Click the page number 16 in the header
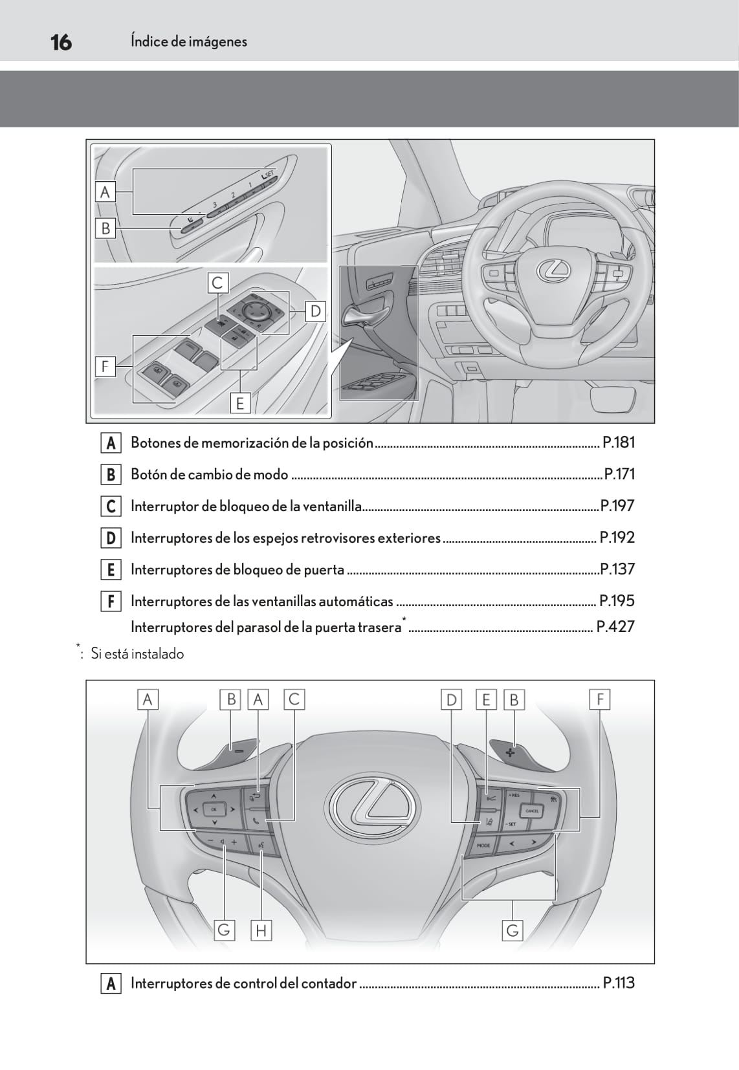tap(61, 43)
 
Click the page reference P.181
tap(618, 442)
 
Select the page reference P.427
tap(615, 627)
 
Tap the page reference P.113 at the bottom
tap(618, 983)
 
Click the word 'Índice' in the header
tap(149, 41)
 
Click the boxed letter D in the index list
tap(111, 538)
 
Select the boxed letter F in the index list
tap(111, 602)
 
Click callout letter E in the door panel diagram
tap(240, 404)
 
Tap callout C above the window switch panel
tap(217, 282)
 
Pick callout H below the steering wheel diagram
tap(261, 931)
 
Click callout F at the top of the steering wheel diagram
tap(600, 699)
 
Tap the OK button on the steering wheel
tap(214, 809)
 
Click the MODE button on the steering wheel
tap(483, 846)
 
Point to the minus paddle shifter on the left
tap(239, 751)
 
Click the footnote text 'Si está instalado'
tap(137, 654)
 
